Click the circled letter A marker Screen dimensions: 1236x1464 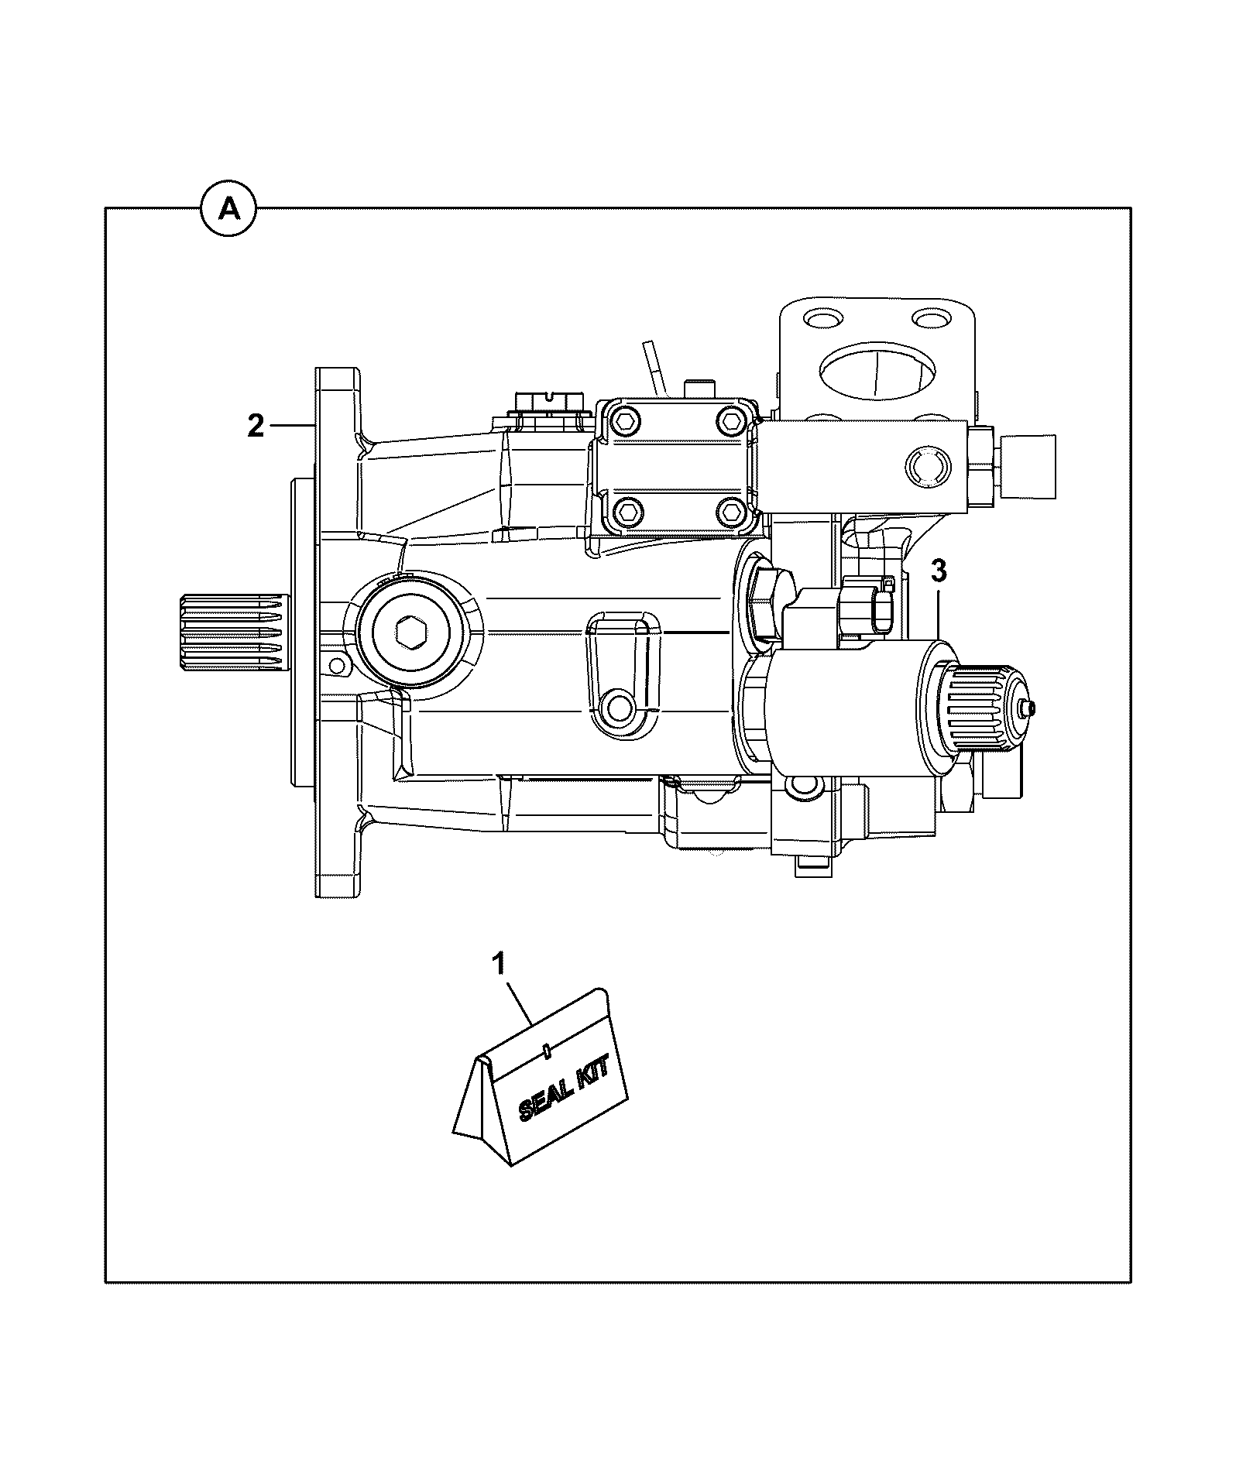(229, 208)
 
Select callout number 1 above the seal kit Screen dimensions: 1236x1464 (499, 964)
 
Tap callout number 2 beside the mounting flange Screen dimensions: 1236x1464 (256, 426)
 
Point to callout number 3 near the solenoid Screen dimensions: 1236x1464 (938, 572)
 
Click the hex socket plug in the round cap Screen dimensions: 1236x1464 (409, 633)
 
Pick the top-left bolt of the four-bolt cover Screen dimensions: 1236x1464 (626, 421)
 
